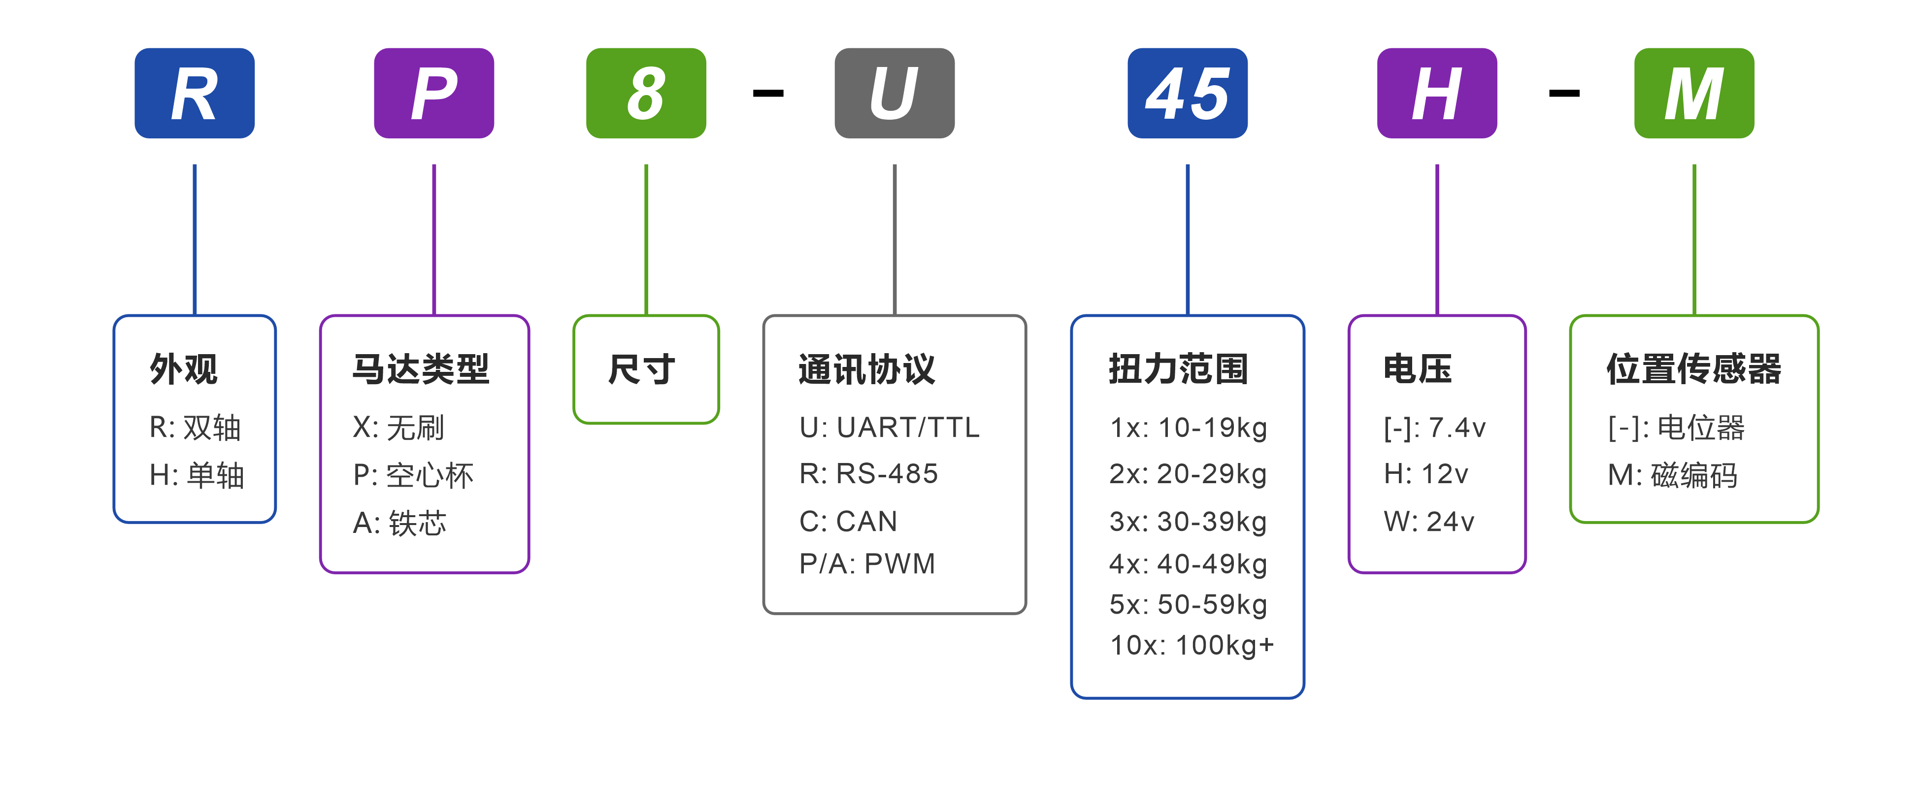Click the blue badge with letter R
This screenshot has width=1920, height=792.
click(195, 93)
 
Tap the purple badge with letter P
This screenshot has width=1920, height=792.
click(434, 93)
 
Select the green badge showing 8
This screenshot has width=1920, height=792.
click(646, 93)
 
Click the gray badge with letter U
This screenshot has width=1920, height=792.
click(894, 93)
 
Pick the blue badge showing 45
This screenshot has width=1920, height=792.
click(1188, 93)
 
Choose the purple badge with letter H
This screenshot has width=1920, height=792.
click(1437, 93)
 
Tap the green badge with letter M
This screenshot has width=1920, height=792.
click(1694, 93)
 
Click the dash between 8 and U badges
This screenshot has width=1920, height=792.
click(768, 93)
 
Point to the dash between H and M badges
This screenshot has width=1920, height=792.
click(1564, 93)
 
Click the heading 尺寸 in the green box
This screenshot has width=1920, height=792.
click(642, 369)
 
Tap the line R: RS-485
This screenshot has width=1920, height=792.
click(868, 474)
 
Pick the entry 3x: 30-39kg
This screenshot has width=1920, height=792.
click(1188, 522)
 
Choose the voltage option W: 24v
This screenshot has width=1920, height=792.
click(1429, 522)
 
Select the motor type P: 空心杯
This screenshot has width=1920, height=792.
click(413, 475)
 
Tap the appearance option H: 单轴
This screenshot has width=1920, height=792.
click(197, 475)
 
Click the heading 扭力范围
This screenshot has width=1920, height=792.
click(1178, 369)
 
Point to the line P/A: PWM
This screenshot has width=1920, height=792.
click(867, 564)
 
